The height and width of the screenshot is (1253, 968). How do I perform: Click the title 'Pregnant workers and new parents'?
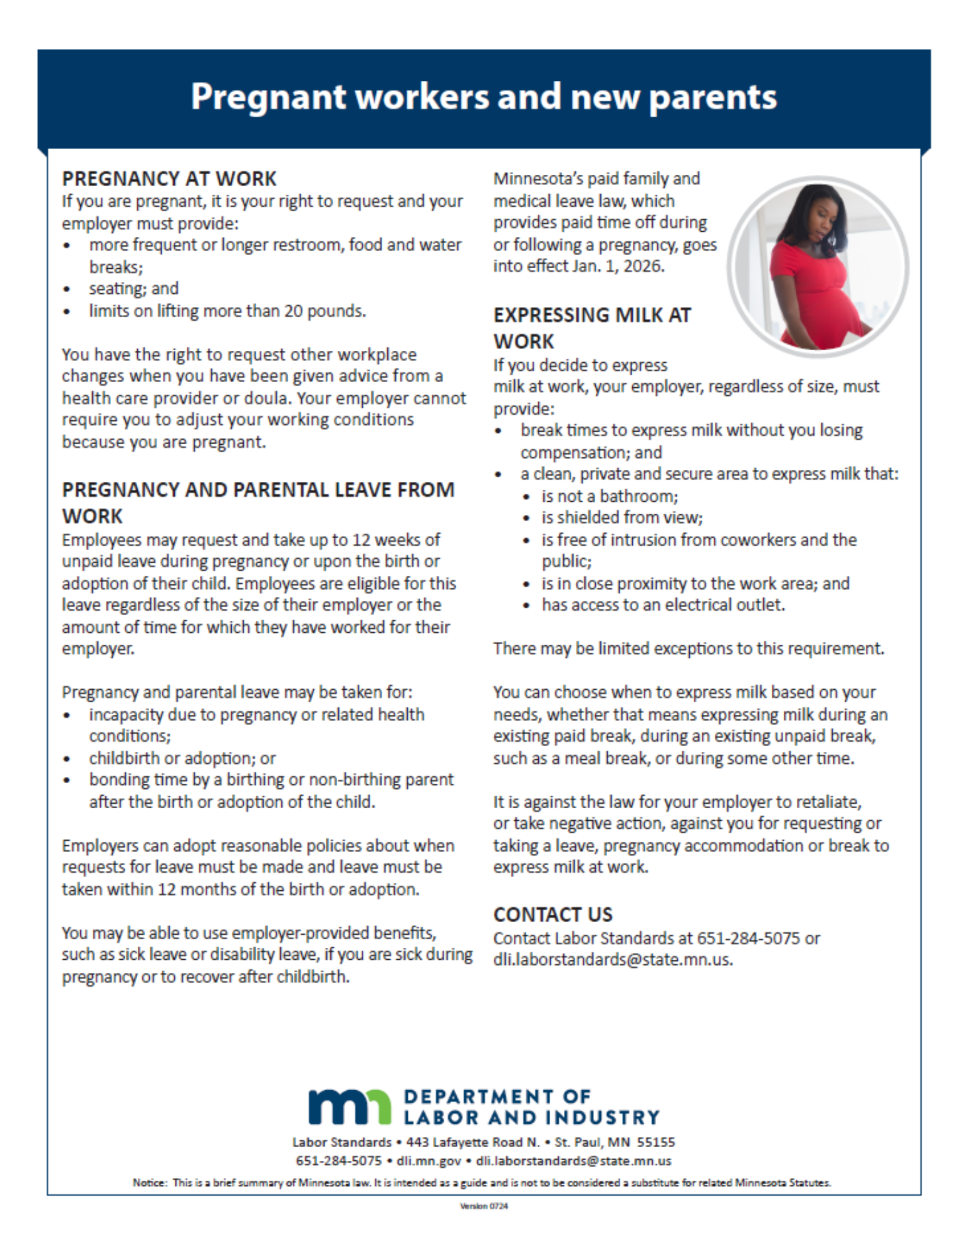483,97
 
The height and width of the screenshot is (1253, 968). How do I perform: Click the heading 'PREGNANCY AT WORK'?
169,179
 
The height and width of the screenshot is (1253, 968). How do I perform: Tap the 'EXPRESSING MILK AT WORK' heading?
591,328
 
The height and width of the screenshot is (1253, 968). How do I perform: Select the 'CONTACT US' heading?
553,915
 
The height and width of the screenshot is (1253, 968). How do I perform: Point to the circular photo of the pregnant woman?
818,266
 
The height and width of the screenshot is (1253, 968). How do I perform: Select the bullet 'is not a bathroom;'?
609,496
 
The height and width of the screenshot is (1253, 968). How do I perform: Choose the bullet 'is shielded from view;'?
622,517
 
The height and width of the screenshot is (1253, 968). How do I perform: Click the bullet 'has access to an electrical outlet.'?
662,605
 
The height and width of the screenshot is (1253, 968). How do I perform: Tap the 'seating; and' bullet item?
133,288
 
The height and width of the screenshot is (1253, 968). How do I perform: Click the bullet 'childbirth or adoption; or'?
182,758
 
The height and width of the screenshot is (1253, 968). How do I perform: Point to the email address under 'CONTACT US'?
612,960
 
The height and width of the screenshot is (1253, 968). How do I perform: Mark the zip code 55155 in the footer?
656,1142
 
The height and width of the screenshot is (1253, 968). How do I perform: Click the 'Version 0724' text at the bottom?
483,1206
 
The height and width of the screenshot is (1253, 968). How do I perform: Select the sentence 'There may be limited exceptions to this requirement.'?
688,648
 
